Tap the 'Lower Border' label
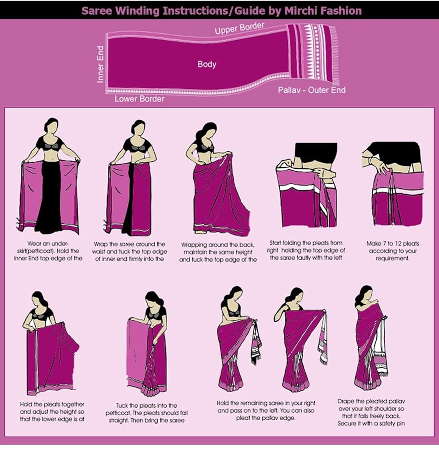click(139, 99)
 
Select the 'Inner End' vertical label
click(100, 64)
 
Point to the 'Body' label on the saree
click(207, 64)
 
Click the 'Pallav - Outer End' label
click(311, 90)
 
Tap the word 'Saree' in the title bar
click(97, 11)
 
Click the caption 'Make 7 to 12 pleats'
click(392, 251)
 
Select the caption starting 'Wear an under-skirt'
click(48, 251)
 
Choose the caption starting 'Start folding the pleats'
click(307, 250)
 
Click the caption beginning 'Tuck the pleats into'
click(146, 413)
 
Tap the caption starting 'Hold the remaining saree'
click(265, 410)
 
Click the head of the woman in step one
click(51, 125)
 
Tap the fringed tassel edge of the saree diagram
click(335, 55)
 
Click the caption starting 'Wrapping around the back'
click(218, 252)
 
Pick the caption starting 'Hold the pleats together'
click(52, 411)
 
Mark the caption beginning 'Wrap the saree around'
click(129, 251)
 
